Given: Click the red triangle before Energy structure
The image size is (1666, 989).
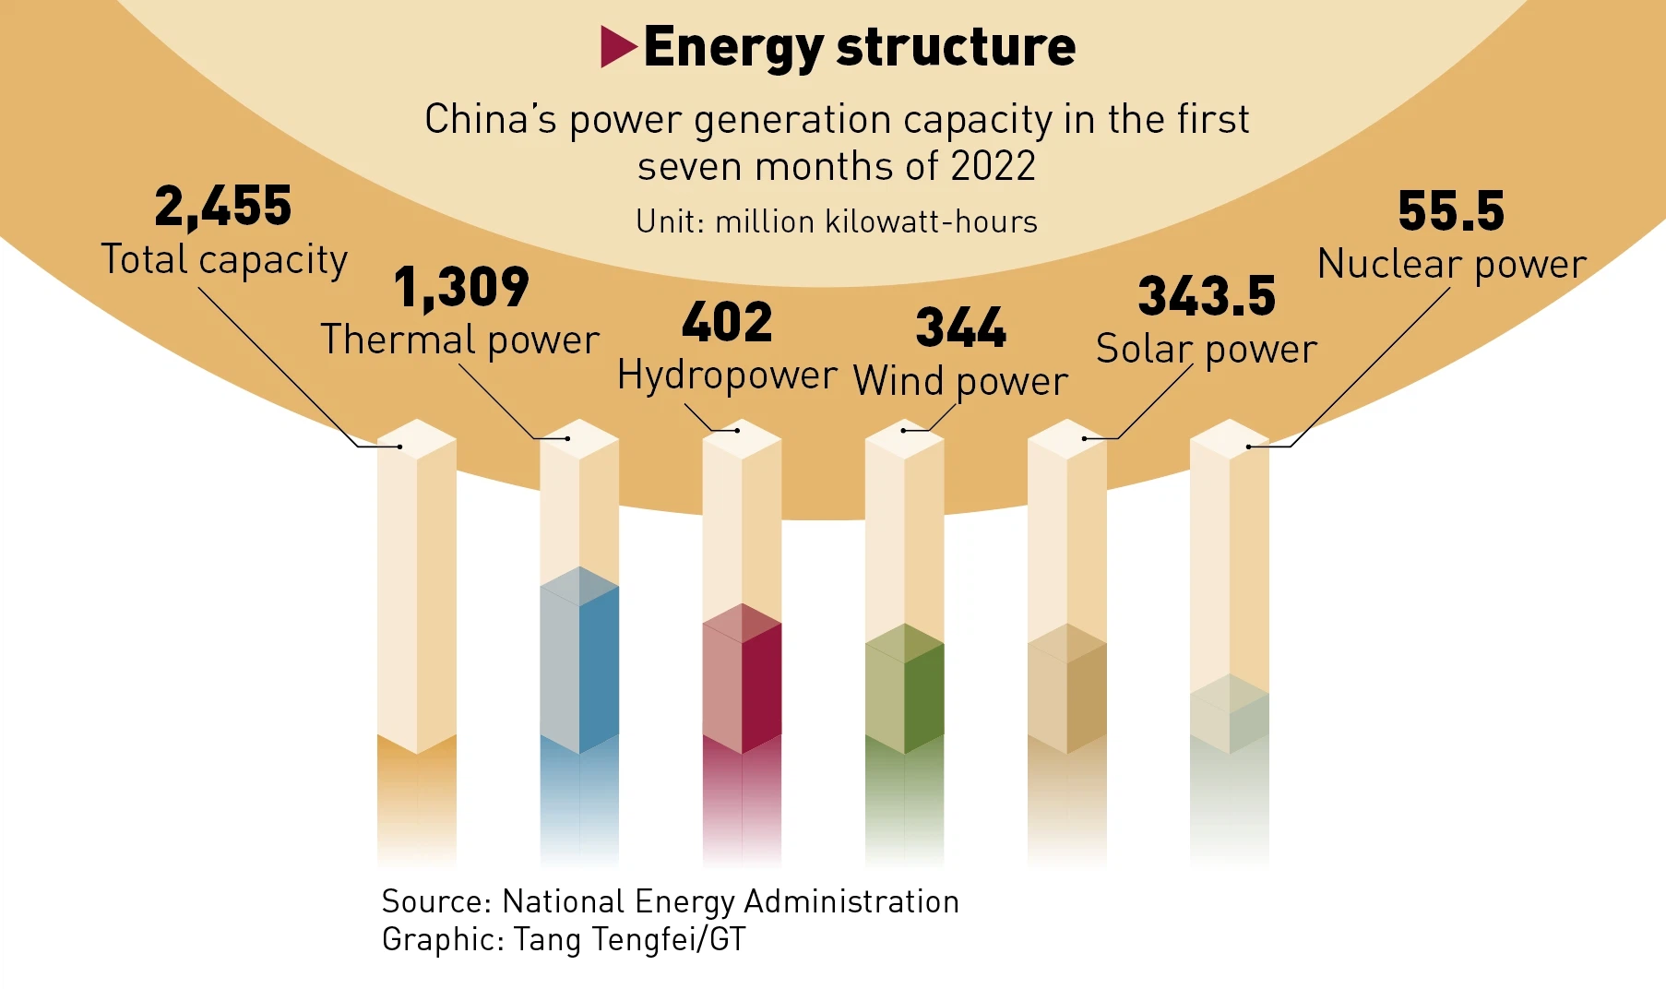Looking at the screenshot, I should [x=617, y=46].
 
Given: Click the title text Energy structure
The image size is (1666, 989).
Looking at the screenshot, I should [x=859, y=46].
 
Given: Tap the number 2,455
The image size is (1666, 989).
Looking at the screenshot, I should [x=223, y=206].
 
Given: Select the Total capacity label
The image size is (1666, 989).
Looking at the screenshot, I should [x=224, y=259].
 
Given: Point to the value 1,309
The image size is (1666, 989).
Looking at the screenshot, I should [x=461, y=287].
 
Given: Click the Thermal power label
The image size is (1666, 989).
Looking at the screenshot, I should [x=459, y=340].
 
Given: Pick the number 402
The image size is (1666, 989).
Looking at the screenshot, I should [x=727, y=322].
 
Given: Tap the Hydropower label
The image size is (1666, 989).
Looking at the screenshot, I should [x=727, y=375].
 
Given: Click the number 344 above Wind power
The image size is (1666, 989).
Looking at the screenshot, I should [x=960, y=328].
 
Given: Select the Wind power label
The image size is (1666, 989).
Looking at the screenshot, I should [x=960, y=380].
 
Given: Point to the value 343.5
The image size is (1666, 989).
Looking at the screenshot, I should [x=1207, y=296].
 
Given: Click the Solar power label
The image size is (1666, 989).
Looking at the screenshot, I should [x=1207, y=349].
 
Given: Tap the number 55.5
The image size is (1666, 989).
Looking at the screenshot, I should [x=1451, y=210].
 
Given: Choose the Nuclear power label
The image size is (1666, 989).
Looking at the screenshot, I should [x=1452, y=264].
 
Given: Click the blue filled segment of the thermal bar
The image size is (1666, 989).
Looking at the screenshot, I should [x=579, y=664].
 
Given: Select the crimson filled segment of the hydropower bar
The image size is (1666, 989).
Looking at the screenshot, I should [x=742, y=683].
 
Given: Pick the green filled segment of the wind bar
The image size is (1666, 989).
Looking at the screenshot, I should [x=904, y=692].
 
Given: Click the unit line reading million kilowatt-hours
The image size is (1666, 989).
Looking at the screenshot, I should [x=837, y=221].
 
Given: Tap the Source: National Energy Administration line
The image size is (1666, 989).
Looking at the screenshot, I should [x=671, y=900].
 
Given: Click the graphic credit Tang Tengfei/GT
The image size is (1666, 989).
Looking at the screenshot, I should [x=564, y=939].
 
